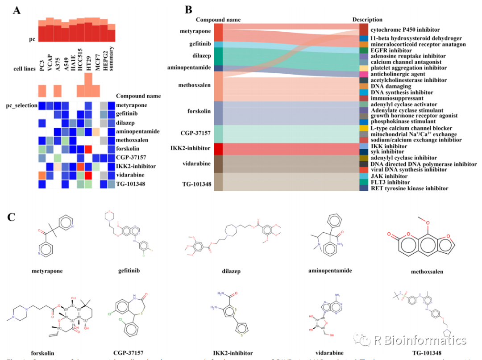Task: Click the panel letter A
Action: click(x=17, y=10)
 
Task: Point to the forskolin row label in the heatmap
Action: click(x=128, y=148)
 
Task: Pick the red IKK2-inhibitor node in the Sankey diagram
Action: click(x=218, y=149)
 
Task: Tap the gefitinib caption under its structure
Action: click(x=118, y=271)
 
